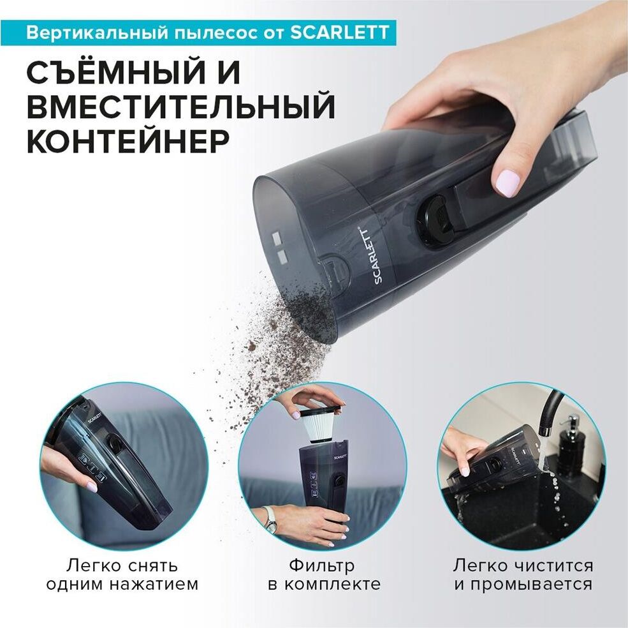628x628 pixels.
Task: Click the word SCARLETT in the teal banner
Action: [x=339, y=32]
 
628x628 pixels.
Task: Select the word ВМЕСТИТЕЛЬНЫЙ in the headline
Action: [x=180, y=107]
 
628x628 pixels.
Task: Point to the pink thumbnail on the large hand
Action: [x=508, y=181]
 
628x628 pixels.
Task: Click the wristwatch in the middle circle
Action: [x=270, y=520]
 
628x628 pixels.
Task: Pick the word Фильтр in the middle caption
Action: [x=322, y=566]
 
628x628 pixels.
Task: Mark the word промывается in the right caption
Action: [x=531, y=585]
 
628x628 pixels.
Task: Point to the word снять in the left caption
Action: [x=152, y=566]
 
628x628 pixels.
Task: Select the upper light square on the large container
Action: [x=276, y=238]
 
